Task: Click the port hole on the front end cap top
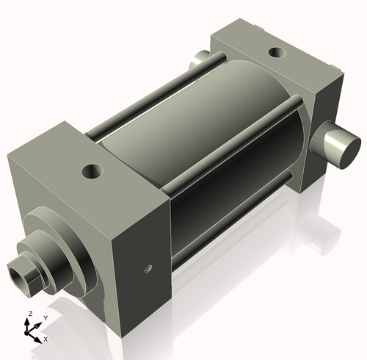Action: coord(93,172)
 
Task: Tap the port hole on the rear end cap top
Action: coord(277,52)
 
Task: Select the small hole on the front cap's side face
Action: coord(148,270)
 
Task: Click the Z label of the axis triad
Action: coord(29,314)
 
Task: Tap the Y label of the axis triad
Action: coord(45,318)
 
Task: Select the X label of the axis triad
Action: coord(46,339)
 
